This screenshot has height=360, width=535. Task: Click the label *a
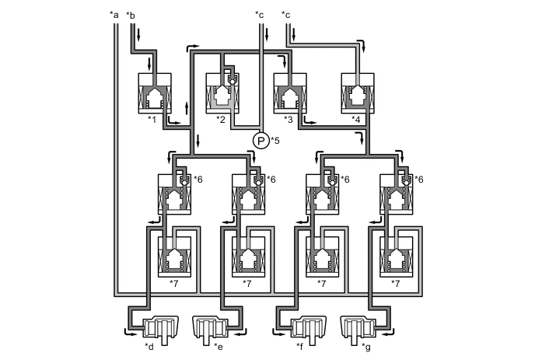(115, 14)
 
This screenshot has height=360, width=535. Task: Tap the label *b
(131, 14)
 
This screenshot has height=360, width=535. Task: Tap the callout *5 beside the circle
(274, 141)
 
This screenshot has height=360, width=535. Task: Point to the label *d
(149, 345)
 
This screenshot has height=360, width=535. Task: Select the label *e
(219, 345)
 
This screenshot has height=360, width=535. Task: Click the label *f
(299, 345)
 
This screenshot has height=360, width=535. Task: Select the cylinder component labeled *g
(358, 327)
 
